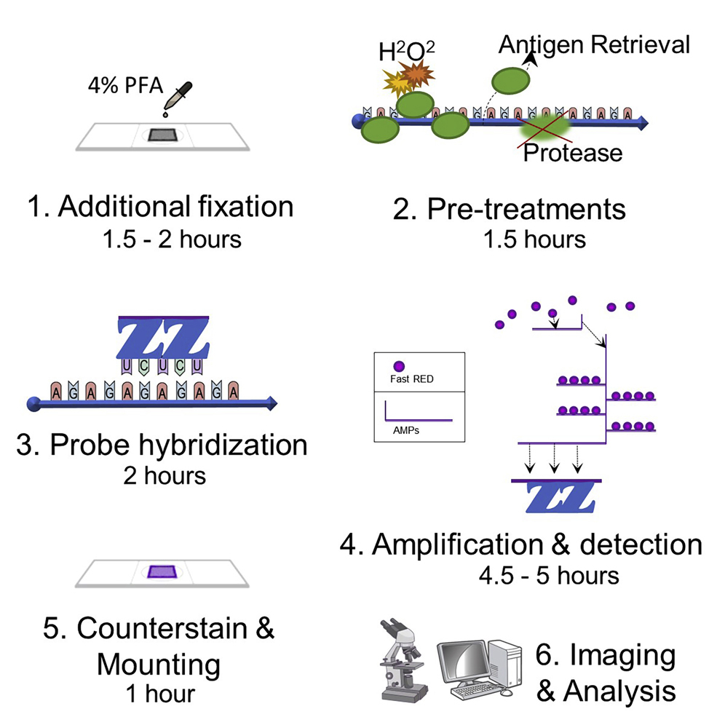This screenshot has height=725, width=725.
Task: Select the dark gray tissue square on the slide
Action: click(162, 134)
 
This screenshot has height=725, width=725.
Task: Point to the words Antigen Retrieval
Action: click(593, 45)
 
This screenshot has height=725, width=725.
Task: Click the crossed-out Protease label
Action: click(573, 152)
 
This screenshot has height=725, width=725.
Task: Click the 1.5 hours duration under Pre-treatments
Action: click(534, 239)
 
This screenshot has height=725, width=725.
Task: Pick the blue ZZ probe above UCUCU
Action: click(163, 338)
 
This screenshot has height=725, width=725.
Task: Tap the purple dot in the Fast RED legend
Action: click(398, 366)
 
